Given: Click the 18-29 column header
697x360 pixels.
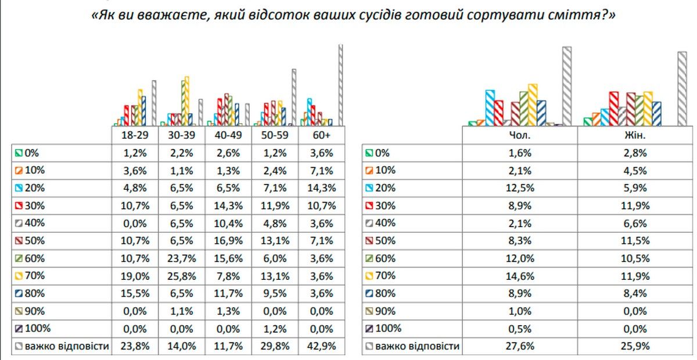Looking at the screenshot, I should click(x=135, y=135).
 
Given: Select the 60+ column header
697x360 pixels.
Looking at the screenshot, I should click(x=321, y=135).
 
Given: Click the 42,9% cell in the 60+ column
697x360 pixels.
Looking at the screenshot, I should click(x=321, y=347).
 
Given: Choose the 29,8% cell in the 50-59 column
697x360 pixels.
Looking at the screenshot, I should click(x=275, y=347).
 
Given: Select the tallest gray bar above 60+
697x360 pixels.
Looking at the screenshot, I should click(x=341, y=84).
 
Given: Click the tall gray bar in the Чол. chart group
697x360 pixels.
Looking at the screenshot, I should click(x=567, y=86).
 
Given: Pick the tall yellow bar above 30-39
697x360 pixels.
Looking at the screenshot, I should click(x=186, y=100).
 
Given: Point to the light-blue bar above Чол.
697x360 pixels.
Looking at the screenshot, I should click(x=490, y=107).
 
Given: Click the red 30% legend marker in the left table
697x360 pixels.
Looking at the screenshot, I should click(x=19, y=206).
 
